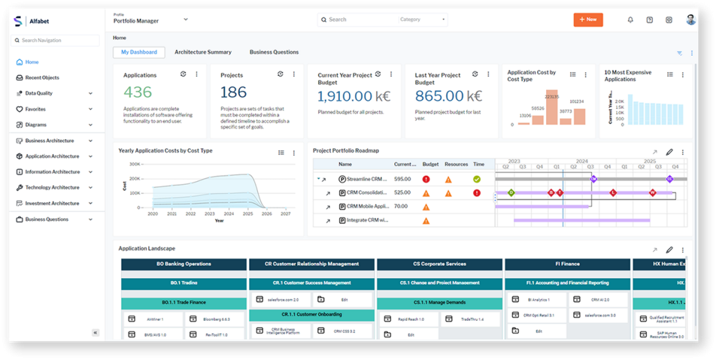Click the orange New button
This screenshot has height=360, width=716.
pos(588,20)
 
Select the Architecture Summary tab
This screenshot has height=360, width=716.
pos(203,52)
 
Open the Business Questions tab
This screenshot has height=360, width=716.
pos(274,52)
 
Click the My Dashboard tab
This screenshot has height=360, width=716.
pos(139,52)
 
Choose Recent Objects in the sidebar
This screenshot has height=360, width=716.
pos(42,78)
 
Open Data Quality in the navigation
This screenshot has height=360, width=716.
pos(38,93)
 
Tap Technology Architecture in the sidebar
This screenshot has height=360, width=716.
pos(52,187)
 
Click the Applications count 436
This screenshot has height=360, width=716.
pos(138,92)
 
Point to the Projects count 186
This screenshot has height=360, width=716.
pos(234,92)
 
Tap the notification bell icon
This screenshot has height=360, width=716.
pos(630,20)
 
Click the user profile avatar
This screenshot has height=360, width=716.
pos(691,20)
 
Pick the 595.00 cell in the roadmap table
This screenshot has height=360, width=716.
pos(402,179)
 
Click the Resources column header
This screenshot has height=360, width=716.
pos(456,164)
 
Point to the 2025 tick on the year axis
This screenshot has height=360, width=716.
pos(248,214)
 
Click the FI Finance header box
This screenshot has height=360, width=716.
pos(567,264)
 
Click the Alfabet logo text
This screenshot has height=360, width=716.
pos(39,22)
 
